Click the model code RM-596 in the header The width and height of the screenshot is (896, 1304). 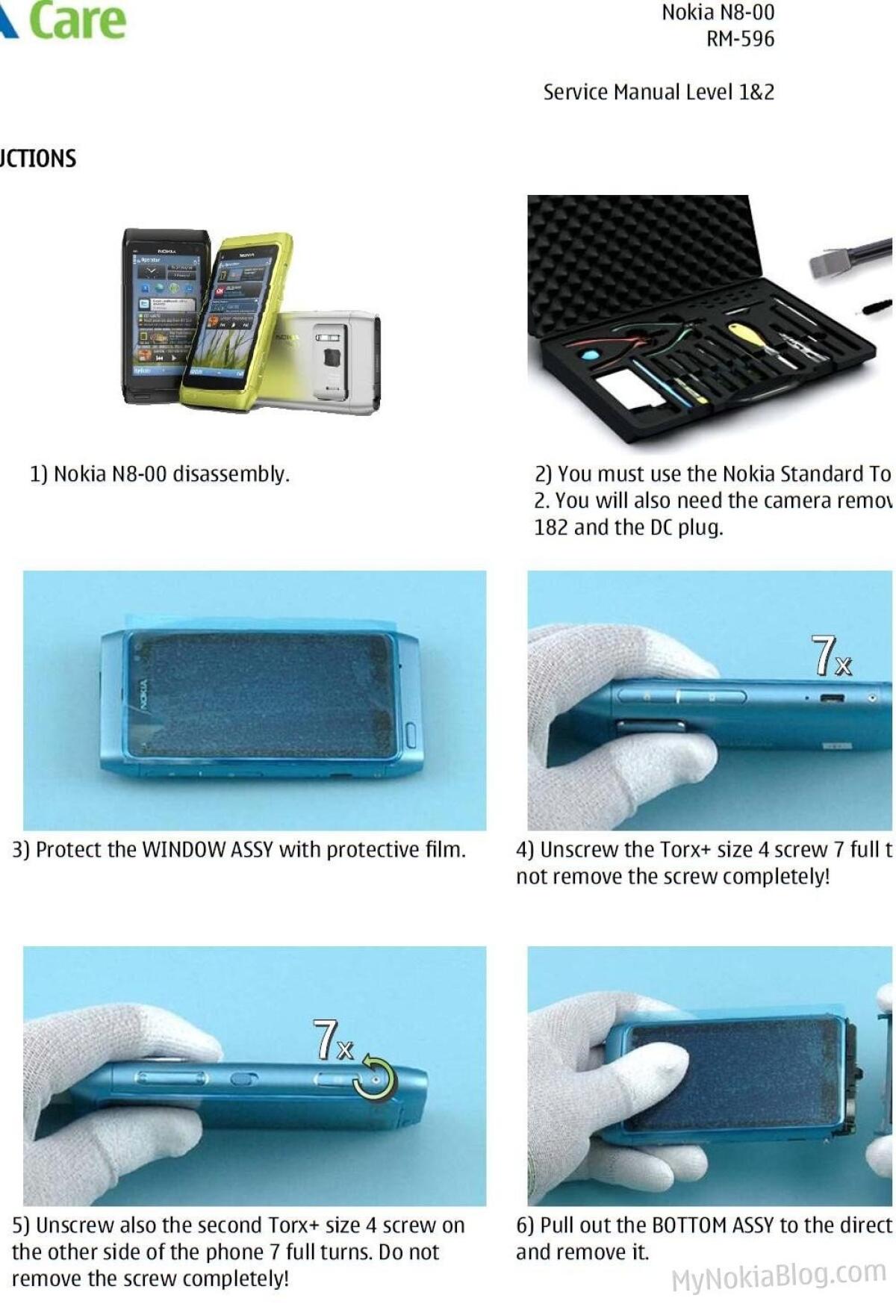(x=740, y=39)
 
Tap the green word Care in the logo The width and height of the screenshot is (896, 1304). (x=78, y=20)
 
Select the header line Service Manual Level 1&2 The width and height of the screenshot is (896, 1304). (x=659, y=93)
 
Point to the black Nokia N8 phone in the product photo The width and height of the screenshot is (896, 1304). (x=161, y=314)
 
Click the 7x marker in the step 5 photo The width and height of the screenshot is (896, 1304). (x=333, y=1040)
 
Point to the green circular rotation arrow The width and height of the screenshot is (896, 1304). (x=376, y=1077)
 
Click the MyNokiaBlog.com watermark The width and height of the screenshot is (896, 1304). (x=778, y=1276)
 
